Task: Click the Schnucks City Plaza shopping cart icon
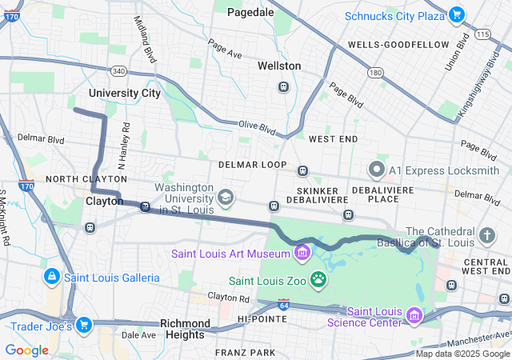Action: coord(456,15)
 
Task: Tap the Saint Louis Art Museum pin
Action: coord(302,254)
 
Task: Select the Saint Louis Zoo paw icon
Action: coord(318,279)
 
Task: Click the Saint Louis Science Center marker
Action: coord(414,316)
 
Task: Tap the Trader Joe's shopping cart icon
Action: coord(84,325)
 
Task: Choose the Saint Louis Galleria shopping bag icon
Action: coord(51,276)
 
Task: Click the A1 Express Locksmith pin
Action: coord(376,170)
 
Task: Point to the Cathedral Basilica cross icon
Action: coord(488,236)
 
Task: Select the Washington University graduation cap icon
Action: coord(226,197)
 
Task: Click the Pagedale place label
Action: coord(250,12)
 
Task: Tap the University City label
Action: coord(124,93)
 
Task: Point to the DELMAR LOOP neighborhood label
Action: coord(252,165)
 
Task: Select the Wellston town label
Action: coord(279,66)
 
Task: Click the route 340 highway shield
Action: coord(118,71)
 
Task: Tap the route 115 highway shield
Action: coord(482,35)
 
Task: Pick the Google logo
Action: coord(26,349)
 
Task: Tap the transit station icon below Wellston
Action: coord(282,86)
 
